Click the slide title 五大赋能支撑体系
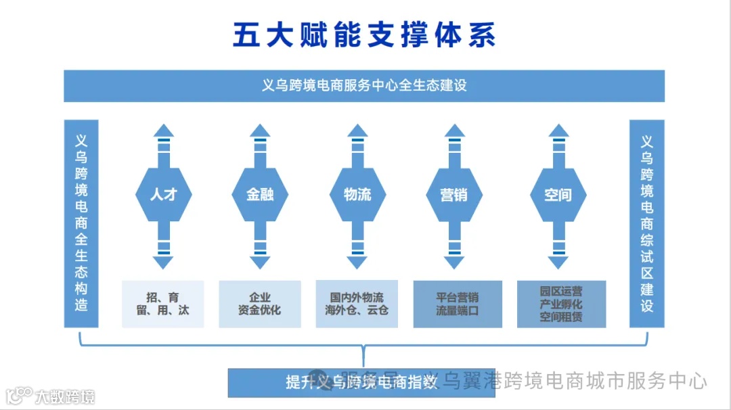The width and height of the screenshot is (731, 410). point(364,35)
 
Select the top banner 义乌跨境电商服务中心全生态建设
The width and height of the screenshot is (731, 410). point(364,86)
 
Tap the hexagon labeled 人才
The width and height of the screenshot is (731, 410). point(163,195)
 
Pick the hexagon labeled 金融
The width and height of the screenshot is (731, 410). point(260,195)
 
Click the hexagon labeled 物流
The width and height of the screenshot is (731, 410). point(357,195)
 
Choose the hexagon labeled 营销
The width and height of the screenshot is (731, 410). point(453,195)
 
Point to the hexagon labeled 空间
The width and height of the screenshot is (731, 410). point(558,195)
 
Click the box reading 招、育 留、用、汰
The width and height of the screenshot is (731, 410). point(163,304)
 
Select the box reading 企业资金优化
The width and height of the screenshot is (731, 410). point(260,304)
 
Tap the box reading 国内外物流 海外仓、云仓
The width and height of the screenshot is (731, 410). point(357,304)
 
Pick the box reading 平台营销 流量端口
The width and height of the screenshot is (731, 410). point(458,304)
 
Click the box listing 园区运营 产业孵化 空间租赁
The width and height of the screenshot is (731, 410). point(561,304)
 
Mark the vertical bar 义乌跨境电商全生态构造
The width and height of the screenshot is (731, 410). point(81,223)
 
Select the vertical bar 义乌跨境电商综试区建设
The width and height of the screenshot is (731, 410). point(646,223)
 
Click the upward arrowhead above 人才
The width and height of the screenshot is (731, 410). point(163,131)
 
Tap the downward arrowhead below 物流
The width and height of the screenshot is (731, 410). point(357,262)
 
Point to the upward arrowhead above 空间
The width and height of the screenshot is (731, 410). point(558,131)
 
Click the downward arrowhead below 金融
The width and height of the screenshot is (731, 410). point(260,262)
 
